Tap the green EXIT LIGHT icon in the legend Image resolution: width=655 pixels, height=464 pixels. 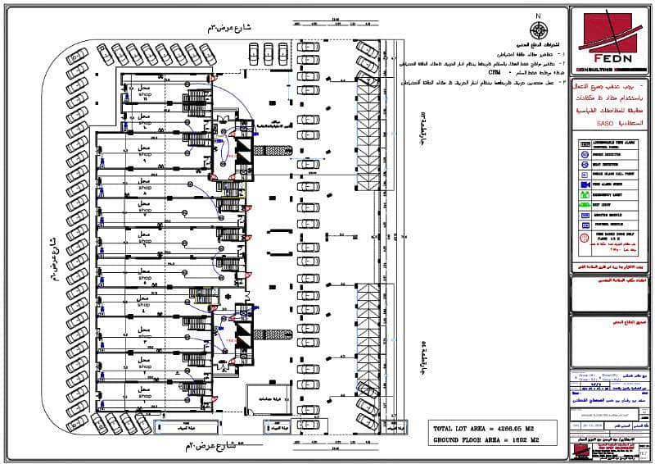point(585,206)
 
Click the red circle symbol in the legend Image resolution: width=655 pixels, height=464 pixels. point(585,240)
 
